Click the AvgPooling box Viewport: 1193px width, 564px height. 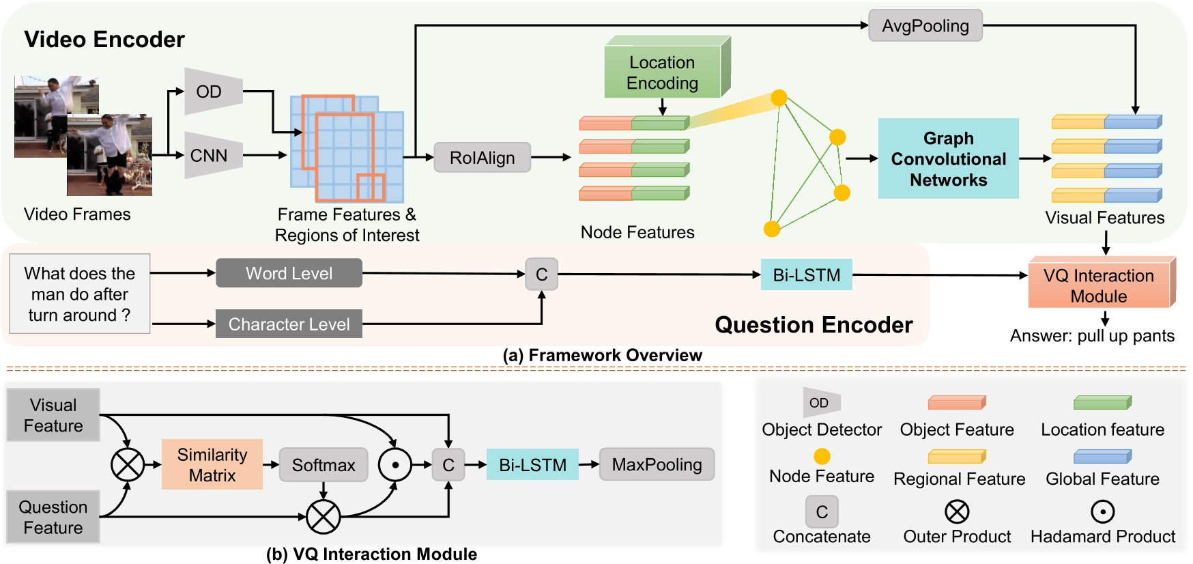[925, 26]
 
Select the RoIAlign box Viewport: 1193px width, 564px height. [482, 158]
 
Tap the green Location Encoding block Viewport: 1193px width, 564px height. [662, 72]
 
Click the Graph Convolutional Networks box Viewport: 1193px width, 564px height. [948, 158]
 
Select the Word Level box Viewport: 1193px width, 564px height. [289, 273]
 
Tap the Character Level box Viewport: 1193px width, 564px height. [289, 324]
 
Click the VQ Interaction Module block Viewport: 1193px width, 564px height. [1098, 285]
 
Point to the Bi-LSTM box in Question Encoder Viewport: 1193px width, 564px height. [806, 274]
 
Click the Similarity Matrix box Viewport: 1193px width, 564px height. [212, 464]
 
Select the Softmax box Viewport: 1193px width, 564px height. [324, 465]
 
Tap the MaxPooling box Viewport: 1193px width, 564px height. [657, 464]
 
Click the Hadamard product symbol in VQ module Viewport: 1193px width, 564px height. [394, 465]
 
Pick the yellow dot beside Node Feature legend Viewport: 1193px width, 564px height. [822, 456]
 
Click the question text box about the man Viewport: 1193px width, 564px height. [79, 294]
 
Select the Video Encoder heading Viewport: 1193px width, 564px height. [104, 39]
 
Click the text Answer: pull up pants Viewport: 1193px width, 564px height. [1092, 336]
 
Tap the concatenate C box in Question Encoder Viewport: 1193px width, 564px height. [541, 274]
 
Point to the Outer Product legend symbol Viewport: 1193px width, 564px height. [957, 511]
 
